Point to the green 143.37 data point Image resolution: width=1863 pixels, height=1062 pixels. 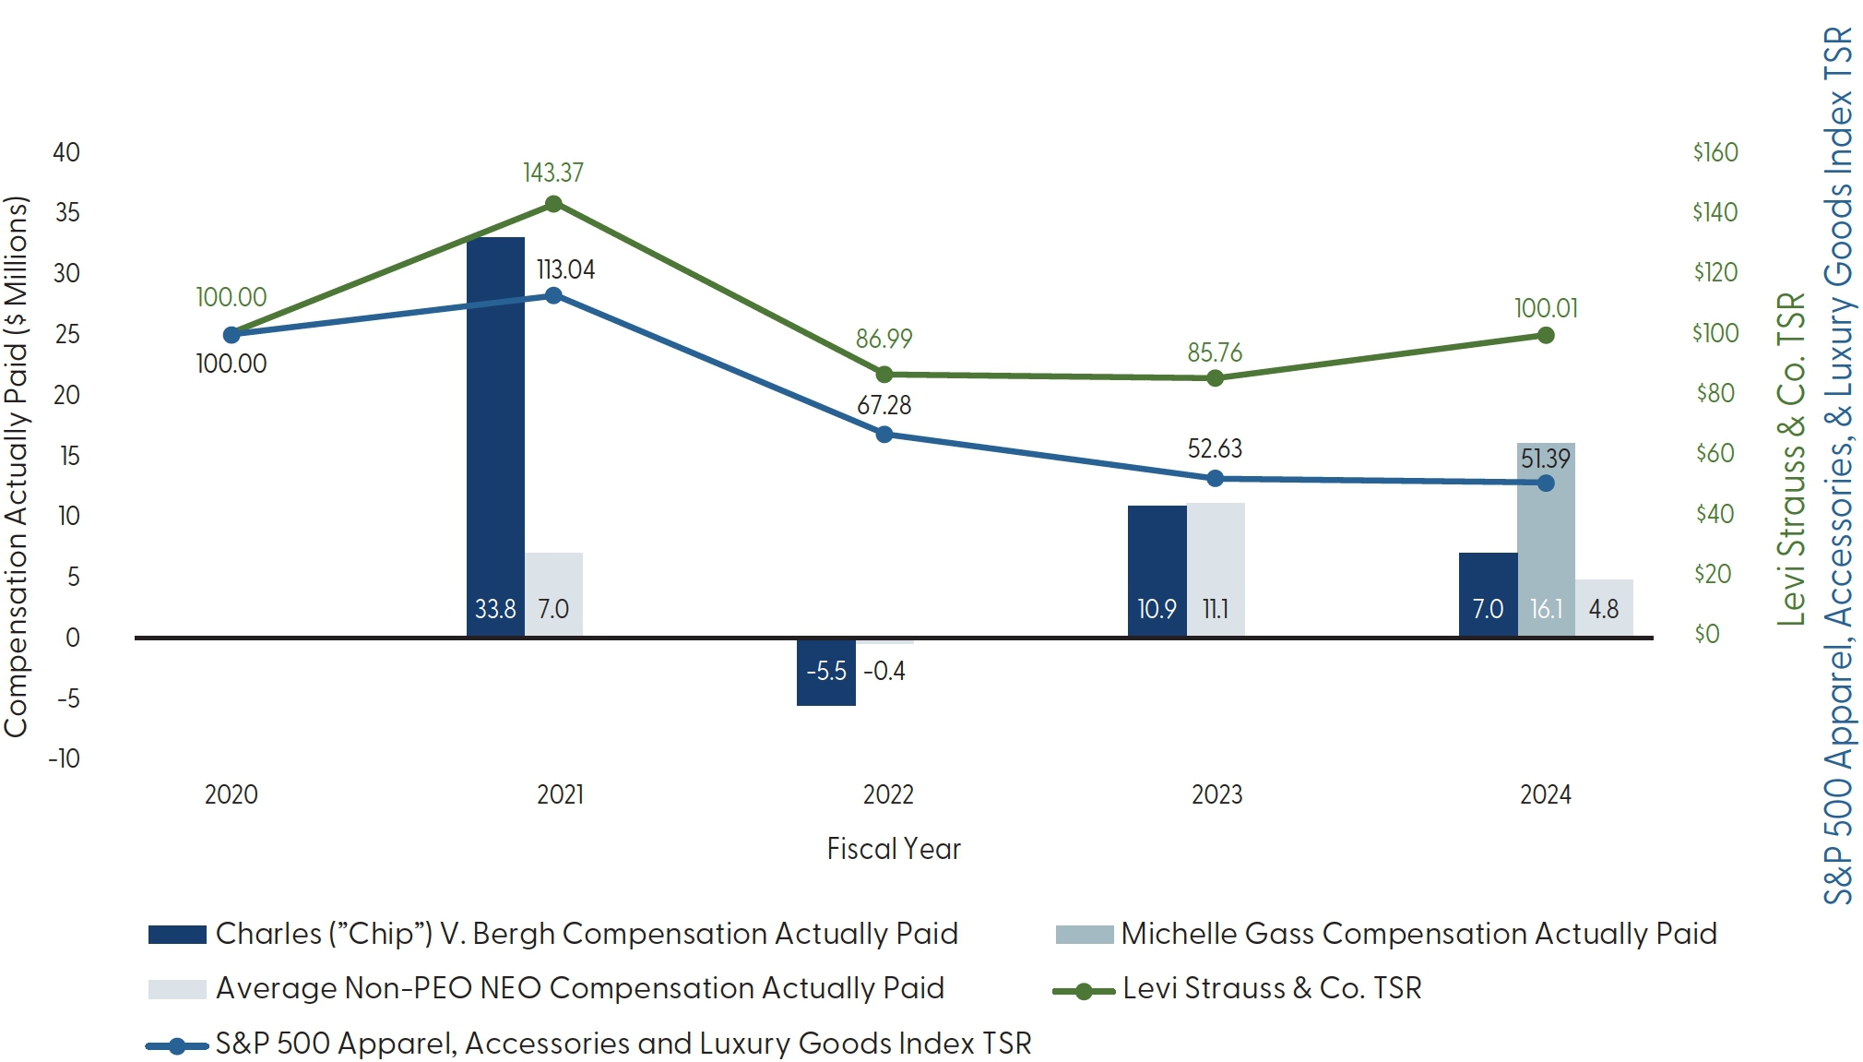[x=553, y=204]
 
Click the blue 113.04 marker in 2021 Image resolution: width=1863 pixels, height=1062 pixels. [x=553, y=295]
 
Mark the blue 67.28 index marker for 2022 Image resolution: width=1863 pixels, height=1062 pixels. [x=884, y=434]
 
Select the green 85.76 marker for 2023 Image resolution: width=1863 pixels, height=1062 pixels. [x=1216, y=378]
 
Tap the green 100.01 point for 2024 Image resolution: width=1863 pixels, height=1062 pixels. [x=1546, y=335]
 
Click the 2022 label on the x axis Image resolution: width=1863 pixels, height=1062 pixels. [x=888, y=794]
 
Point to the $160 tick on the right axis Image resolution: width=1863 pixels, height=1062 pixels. [x=1715, y=152]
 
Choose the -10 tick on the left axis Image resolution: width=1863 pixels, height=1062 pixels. [x=65, y=758]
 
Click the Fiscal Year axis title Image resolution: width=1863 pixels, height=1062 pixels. [x=893, y=849]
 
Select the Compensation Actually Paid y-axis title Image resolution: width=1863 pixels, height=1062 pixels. [x=17, y=466]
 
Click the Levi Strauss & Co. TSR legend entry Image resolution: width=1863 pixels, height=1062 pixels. [x=1271, y=988]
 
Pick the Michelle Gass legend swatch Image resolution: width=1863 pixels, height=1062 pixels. [x=1085, y=935]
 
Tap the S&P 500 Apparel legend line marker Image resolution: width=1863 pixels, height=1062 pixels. [x=176, y=1045]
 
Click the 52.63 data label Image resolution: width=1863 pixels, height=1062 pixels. [x=1215, y=448]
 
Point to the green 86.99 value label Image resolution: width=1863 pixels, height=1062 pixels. [x=884, y=339]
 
